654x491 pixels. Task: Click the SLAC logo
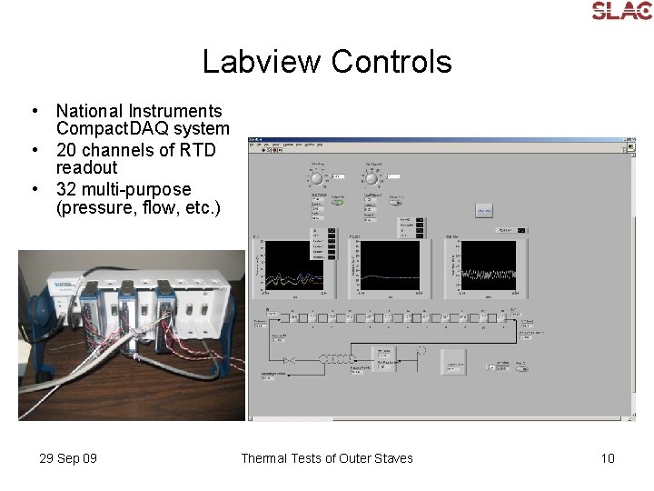click(621, 11)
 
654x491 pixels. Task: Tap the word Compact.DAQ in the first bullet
click(143, 129)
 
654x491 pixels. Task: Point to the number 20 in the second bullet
click(66, 150)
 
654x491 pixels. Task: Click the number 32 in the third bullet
click(66, 189)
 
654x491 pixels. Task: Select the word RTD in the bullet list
click(199, 150)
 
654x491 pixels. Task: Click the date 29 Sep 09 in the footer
click(68, 458)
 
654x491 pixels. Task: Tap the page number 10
click(608, 458)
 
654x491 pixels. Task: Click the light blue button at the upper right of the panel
click(484, 210)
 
